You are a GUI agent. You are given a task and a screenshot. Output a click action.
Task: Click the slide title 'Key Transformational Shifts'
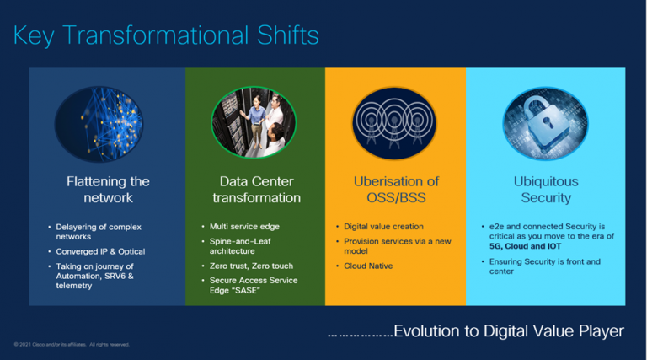(x=166, y=35)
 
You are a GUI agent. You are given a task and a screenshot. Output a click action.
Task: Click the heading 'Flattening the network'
(x=108, y=190)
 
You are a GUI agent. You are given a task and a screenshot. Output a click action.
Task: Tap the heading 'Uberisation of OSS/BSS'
(x=395, y=190)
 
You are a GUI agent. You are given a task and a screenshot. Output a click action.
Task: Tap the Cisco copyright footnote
(x=72, y=345)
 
